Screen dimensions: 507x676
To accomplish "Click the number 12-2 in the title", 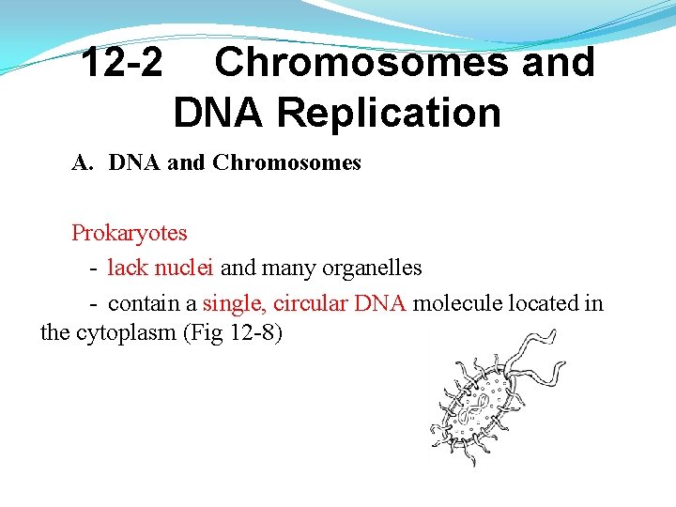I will click(x=120, y=64).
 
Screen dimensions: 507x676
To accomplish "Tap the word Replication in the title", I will click(x=389, y=114).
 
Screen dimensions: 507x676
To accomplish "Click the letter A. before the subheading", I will click(x=83, y=163).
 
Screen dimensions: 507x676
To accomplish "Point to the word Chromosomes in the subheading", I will click(x=286, y=163).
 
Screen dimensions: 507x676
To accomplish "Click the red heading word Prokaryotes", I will click(x=130, y=233).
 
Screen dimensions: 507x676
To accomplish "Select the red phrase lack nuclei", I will click(x=161, y=269).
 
